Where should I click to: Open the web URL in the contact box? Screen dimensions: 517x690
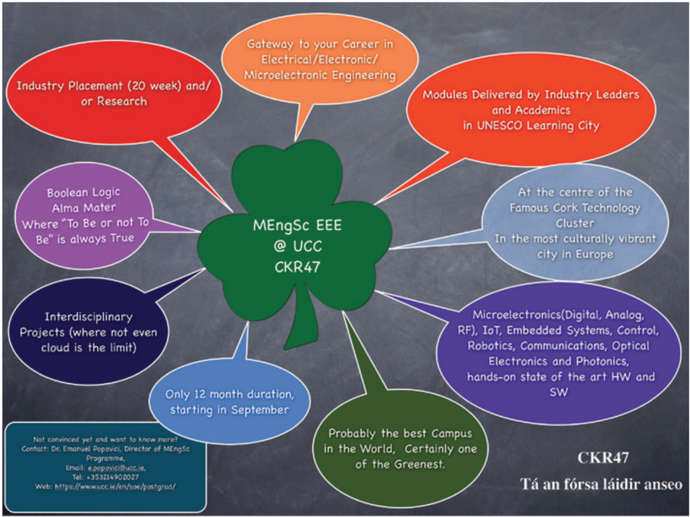point(116,485)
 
